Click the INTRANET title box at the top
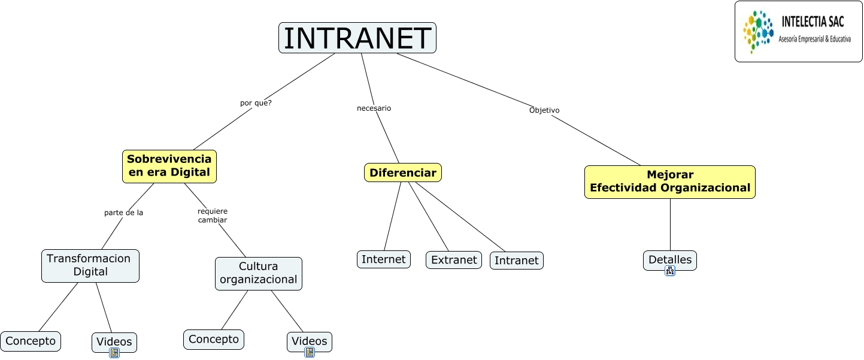click(x=357, y=38)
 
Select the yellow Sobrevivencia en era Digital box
click(x=169, y=166)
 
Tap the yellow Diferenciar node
click(x=402, y=173)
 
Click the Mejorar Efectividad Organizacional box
click(x=669, y=181)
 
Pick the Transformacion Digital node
click(x=90, y=265)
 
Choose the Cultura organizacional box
click(x=258, y=273)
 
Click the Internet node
click(x=383, y=259)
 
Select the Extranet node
click(x=453, y=260)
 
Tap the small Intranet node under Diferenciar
click(x=516, y=261)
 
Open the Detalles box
click(x=669, y=259)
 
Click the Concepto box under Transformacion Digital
click(x=31, y=341)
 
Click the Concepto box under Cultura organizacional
click(x=213, y=339)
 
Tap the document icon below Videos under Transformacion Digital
click(x=114, y=353)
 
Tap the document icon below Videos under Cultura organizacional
click(x=310, y=352)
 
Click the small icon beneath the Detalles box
click(x=670, y=271)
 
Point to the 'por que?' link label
click(x=256, y=102)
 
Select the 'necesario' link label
click(x=374, y=108)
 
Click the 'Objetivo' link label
click(x=544, y=110)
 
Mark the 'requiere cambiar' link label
click(x=213, y=216)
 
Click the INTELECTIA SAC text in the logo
click(x=813, y=22)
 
